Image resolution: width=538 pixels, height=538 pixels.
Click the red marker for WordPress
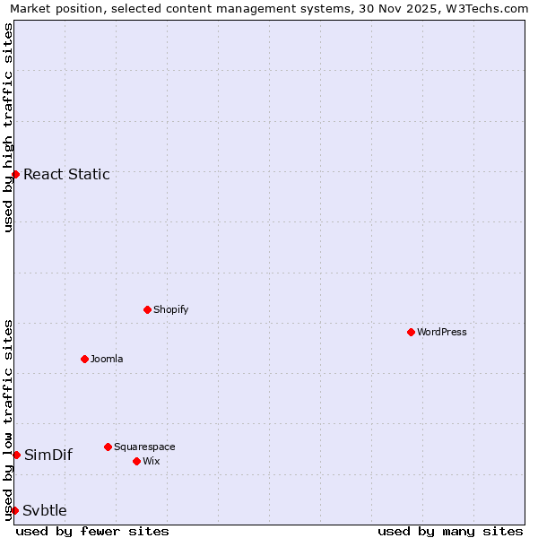point(411,332)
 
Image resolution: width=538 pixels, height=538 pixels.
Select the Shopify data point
point(147,309)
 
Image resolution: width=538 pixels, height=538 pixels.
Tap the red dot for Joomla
point(84,359)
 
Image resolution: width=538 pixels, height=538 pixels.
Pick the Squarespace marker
point(108,447)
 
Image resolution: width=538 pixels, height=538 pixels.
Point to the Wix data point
point(136,461)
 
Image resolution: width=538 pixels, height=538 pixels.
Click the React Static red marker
point(16,174)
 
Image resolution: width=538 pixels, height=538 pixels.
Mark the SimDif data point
point(16,455)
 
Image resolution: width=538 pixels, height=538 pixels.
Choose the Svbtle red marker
point(14,510)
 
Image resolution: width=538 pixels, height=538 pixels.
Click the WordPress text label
point(442,332)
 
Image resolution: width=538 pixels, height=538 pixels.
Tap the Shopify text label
point(170,309)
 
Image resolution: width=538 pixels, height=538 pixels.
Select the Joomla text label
point(107,359)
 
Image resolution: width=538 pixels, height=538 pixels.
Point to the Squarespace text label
point(144,447)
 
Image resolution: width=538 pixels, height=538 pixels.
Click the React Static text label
point(66,174)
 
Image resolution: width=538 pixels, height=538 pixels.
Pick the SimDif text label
point(48,455)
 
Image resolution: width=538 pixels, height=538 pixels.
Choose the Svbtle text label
point(45,510)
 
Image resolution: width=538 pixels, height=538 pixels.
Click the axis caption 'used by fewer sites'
point(92,531)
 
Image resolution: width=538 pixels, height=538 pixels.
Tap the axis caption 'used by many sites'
point(450,531)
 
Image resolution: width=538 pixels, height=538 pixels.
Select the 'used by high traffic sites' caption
point(8,127)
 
